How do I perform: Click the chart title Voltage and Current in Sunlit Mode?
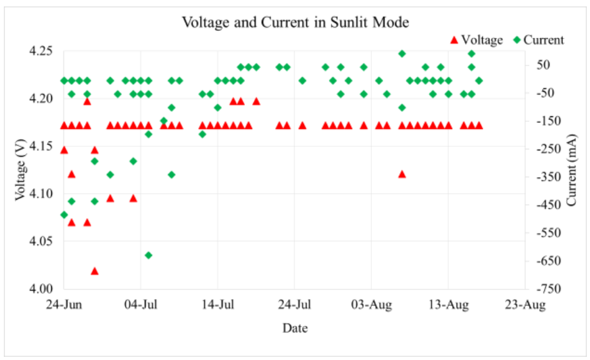click(296, 23)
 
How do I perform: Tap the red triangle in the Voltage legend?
click(453, 40)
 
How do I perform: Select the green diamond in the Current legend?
click(517, 40)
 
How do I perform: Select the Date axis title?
click(294, 329)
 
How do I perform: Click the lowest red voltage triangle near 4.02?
click(95, 271)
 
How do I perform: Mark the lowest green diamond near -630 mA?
click(148, 255)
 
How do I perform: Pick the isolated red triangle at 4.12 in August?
click(402, 174)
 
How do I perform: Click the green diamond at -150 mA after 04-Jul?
click(164, 121)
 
